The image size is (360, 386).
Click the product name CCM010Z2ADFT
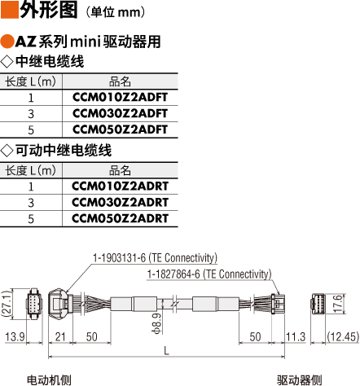point(120,98)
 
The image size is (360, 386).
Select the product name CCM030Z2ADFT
point(120,113)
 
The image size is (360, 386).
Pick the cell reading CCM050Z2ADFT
point(120,129)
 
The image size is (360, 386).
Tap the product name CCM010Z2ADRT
point(120,186)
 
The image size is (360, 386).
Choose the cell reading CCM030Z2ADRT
point(120,203)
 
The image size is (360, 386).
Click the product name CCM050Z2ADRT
point(120,218)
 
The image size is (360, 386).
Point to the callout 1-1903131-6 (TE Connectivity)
point(155,258)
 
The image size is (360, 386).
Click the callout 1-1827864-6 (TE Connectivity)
point(209,274)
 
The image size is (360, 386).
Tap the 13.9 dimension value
point(15,337)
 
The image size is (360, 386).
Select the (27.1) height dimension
point(7,304)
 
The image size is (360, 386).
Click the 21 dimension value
point(60,337)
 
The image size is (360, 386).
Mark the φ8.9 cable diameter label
point(156,323)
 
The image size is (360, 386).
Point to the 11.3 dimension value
point(296,337)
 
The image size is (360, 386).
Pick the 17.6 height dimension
point(338,304)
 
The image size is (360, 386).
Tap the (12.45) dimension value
point(343,337)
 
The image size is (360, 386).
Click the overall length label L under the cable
point(166,351)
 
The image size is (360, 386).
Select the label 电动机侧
point(49,380)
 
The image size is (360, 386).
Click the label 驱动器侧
point(299,380)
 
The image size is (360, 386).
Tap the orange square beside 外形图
point(10,10)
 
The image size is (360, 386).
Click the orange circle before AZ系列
point(7,42)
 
